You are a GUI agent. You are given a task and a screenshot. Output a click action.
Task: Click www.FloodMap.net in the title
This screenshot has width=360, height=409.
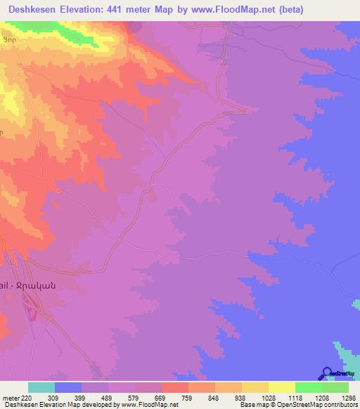click(257, 9)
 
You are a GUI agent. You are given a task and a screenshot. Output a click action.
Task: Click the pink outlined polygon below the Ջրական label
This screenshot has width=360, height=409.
click(32, 309)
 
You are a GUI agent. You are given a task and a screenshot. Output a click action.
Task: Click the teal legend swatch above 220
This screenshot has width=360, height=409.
click(41, 387)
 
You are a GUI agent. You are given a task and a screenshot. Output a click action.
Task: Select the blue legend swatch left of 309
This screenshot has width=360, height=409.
click(68, 387)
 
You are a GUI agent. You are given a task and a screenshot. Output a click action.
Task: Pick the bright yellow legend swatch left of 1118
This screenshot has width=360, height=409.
click(282, 387)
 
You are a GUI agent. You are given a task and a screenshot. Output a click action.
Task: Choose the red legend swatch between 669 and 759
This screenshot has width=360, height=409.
click(175, 387)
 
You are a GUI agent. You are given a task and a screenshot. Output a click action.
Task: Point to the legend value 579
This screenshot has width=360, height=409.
click(136, 397)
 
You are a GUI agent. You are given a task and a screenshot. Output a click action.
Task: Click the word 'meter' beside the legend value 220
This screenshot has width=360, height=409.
click(11, 397)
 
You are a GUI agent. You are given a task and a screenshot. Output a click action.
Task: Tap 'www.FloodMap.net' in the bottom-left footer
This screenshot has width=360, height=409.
click(150, 405)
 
